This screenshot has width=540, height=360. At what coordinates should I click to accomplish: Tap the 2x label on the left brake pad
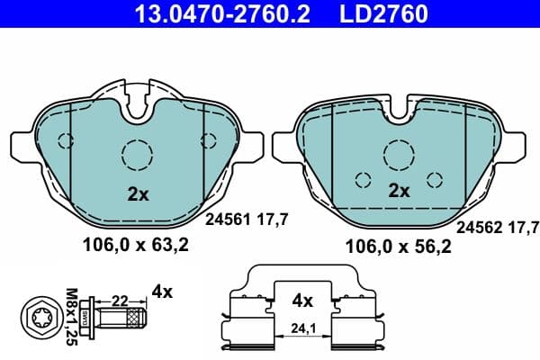pos(136,193)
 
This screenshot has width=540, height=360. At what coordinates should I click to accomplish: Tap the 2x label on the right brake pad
pos(398,190)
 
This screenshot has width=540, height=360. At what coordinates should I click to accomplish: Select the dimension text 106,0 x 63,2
pos(136,243)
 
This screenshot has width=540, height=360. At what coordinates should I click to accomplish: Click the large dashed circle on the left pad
pos(138,155)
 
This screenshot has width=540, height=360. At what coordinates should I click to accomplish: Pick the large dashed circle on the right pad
pos(398,153)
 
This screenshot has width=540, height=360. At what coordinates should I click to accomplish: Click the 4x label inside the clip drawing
pos(303,301)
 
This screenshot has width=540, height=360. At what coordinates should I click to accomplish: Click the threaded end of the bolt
pos(136,318)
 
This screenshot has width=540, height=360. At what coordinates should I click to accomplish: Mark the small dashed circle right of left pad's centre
pos(210,139)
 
